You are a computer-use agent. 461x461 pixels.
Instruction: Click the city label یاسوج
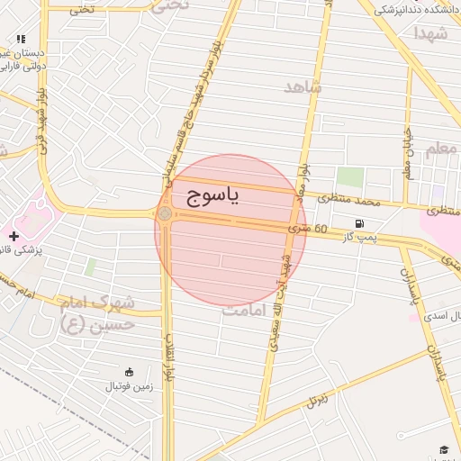(213, 196)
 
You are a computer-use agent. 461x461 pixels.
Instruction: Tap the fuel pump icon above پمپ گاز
(360, 223)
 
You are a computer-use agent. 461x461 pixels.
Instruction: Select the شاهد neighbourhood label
(303, 86)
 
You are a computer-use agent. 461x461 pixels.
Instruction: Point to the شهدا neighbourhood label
(430, 33)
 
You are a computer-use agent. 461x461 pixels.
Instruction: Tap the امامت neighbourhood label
(249, 309)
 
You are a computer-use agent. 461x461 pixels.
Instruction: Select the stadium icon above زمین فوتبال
(128, 373)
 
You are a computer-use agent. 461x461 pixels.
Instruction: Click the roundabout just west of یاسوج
(165, 214)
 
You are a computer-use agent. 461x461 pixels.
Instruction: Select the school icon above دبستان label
(21, 40)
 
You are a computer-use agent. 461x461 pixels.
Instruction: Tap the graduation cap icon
(443, 449)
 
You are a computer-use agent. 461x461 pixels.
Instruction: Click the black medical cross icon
(14, 236)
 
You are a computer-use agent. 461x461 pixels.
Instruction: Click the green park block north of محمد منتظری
(350, 177)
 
